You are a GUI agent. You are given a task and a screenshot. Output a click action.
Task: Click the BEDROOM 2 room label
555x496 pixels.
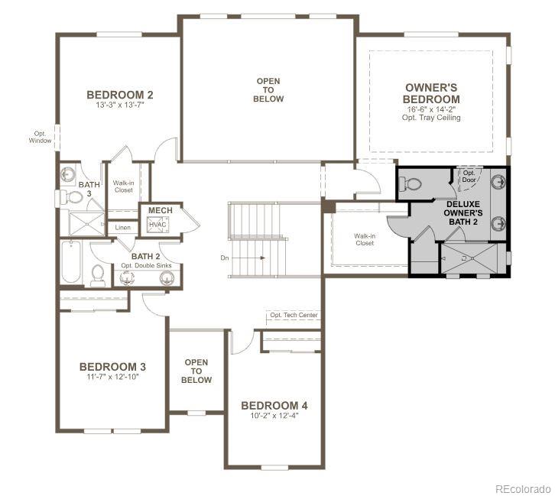(120, 95)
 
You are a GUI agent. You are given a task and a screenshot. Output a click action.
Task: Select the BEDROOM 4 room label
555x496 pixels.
(274, 405)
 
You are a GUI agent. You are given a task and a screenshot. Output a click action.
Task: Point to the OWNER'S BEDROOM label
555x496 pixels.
(433, 93)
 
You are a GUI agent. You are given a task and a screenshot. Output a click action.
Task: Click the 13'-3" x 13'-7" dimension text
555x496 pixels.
(119, 105)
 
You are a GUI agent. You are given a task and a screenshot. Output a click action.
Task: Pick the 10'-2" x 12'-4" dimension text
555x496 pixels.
(274, 416)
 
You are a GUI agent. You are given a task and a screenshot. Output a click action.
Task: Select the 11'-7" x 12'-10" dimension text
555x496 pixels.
(113, 378)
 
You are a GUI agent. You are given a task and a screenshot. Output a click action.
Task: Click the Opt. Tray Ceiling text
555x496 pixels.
(433, 118)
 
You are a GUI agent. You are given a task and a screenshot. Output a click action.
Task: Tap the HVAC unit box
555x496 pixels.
(158, 225)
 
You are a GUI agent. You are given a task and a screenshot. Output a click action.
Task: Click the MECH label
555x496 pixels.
(160, 210)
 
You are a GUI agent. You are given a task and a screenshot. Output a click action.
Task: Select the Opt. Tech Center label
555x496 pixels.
(294, 316)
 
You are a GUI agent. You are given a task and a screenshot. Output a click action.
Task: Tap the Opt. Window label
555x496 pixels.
(41, 136)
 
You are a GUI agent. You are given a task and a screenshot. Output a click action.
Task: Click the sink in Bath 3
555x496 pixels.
(67, 173)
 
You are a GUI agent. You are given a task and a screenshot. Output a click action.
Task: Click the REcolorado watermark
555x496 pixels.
(522, 488)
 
